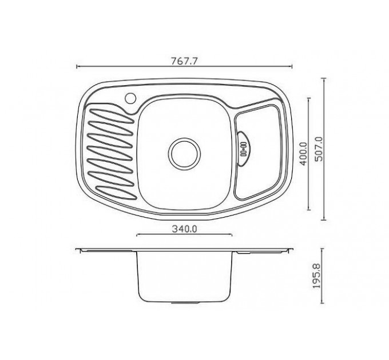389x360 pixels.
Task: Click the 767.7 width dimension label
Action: click(x=184, y=61)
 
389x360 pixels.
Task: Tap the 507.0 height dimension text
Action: click(x=319, y=149)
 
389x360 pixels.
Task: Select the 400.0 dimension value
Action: click(x=303, y=154)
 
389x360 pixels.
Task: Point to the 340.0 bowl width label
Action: click(x=185, y=229)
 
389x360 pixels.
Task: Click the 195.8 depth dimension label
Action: click(x=316, y=276)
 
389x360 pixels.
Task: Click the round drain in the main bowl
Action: click(x=185, y=154)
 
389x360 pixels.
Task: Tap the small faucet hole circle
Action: click(x=130, y=98)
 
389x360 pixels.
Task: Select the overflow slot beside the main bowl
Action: click(x=244, y=149)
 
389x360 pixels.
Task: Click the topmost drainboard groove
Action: click(x=110, y=115)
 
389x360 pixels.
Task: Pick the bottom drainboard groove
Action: click(x=116, y=193)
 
